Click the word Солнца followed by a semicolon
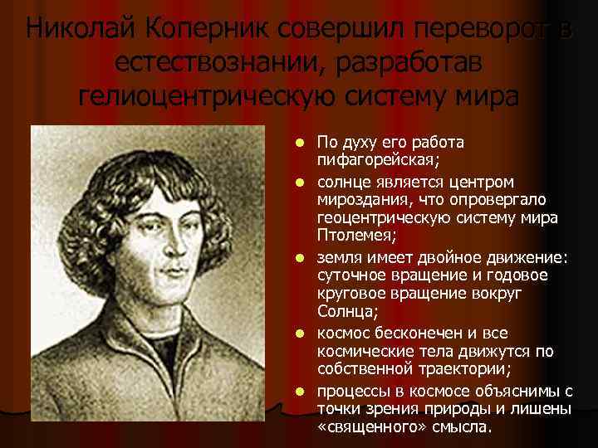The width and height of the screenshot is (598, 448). pyautogui.click(x=345, y=312)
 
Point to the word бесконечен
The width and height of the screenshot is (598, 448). pyautogui.click(x=419, y=332)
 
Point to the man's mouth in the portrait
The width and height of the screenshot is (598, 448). pyautogui.click(x=173, y=271)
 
